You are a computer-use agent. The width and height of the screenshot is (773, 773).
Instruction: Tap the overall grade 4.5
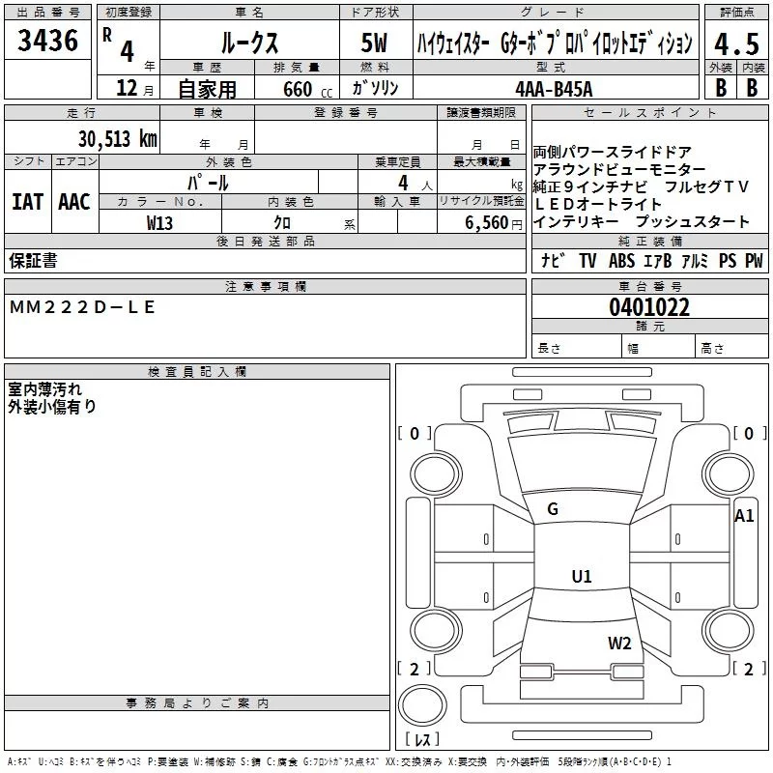click(x=735, y=43)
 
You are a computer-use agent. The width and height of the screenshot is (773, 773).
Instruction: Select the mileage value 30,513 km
click(x=117, y=138)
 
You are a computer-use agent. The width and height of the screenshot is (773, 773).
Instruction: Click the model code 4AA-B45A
click(x=554, y=89)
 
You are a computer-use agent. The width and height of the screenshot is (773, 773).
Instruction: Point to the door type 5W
click(x=374, y=43)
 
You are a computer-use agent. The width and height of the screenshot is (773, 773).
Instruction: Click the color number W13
click(x=160, y=222)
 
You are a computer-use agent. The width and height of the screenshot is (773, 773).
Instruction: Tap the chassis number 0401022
click(x=649, y=307)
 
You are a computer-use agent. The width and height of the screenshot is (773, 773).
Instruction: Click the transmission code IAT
click(x=27, y=201)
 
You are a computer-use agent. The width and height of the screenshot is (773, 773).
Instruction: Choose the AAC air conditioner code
click(x=73, y=201)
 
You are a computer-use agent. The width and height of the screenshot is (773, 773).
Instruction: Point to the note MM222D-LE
click(x=81, y=307)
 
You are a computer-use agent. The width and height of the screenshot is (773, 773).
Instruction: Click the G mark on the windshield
click(x=553, y=509)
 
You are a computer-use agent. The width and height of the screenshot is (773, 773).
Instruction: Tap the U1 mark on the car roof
click(x=581, y=577)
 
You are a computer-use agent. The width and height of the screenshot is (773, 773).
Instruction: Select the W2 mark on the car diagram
click(x=619, y=644)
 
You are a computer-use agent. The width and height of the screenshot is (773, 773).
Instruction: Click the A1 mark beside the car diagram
click(x=744, y=516)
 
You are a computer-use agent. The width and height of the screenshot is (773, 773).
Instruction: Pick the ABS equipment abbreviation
click(x=621, y=261)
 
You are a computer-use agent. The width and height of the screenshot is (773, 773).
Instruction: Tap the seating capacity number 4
click(x=400, y=182)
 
